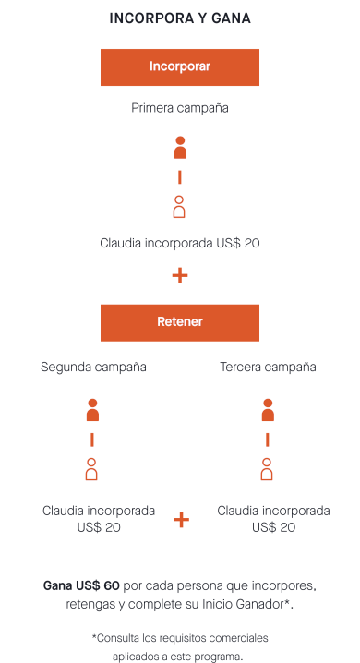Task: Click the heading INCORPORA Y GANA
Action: click(180, 18)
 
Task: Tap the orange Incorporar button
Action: click(180, 67)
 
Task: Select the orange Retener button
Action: click(180, 322)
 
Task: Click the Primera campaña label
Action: click(180, 108)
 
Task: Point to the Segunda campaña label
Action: click(93, 367)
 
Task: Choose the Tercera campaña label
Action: click(268, 367)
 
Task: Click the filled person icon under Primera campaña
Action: click(180, 148)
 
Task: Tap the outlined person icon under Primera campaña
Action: click(180, 207)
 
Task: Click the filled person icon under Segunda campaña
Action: click(92, 410)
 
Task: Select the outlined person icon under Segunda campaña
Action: click(91, 469)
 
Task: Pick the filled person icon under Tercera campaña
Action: click(268, 410)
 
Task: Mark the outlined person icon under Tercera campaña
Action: click(267, 469)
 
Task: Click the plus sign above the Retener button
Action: click(180, 276)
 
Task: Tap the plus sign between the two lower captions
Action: click(181, 519)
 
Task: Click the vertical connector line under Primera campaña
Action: click(180, 177)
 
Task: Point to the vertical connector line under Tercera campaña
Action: click(268, 440)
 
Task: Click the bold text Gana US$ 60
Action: click(81, 586)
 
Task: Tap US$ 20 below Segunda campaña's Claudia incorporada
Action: click(99, 527)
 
